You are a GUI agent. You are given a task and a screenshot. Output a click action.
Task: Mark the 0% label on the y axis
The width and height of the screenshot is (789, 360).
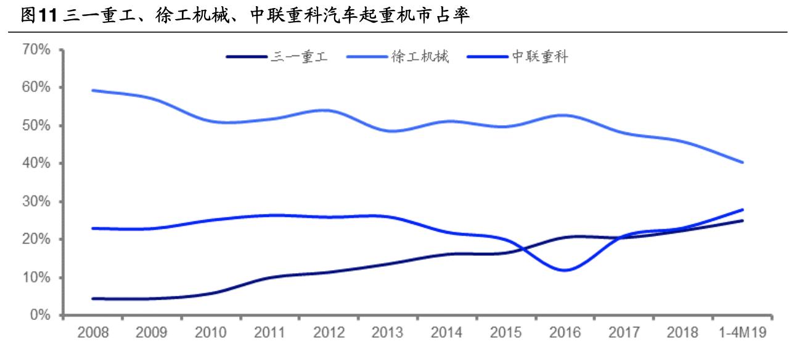42,316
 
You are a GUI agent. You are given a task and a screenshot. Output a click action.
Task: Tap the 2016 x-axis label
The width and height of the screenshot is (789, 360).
564,333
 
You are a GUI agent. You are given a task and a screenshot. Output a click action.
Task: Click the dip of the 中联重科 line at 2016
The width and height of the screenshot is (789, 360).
564,270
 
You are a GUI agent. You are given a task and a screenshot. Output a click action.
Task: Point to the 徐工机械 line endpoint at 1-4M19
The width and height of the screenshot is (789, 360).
743,163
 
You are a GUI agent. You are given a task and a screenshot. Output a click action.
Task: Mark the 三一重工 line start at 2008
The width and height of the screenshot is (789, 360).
92,298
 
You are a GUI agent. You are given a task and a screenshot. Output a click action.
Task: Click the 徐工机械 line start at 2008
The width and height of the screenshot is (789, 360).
92,90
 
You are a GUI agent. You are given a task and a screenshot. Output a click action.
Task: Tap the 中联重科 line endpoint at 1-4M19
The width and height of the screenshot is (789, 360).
743,210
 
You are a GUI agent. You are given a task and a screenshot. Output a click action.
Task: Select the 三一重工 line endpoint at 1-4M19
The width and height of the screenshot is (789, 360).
743,220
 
